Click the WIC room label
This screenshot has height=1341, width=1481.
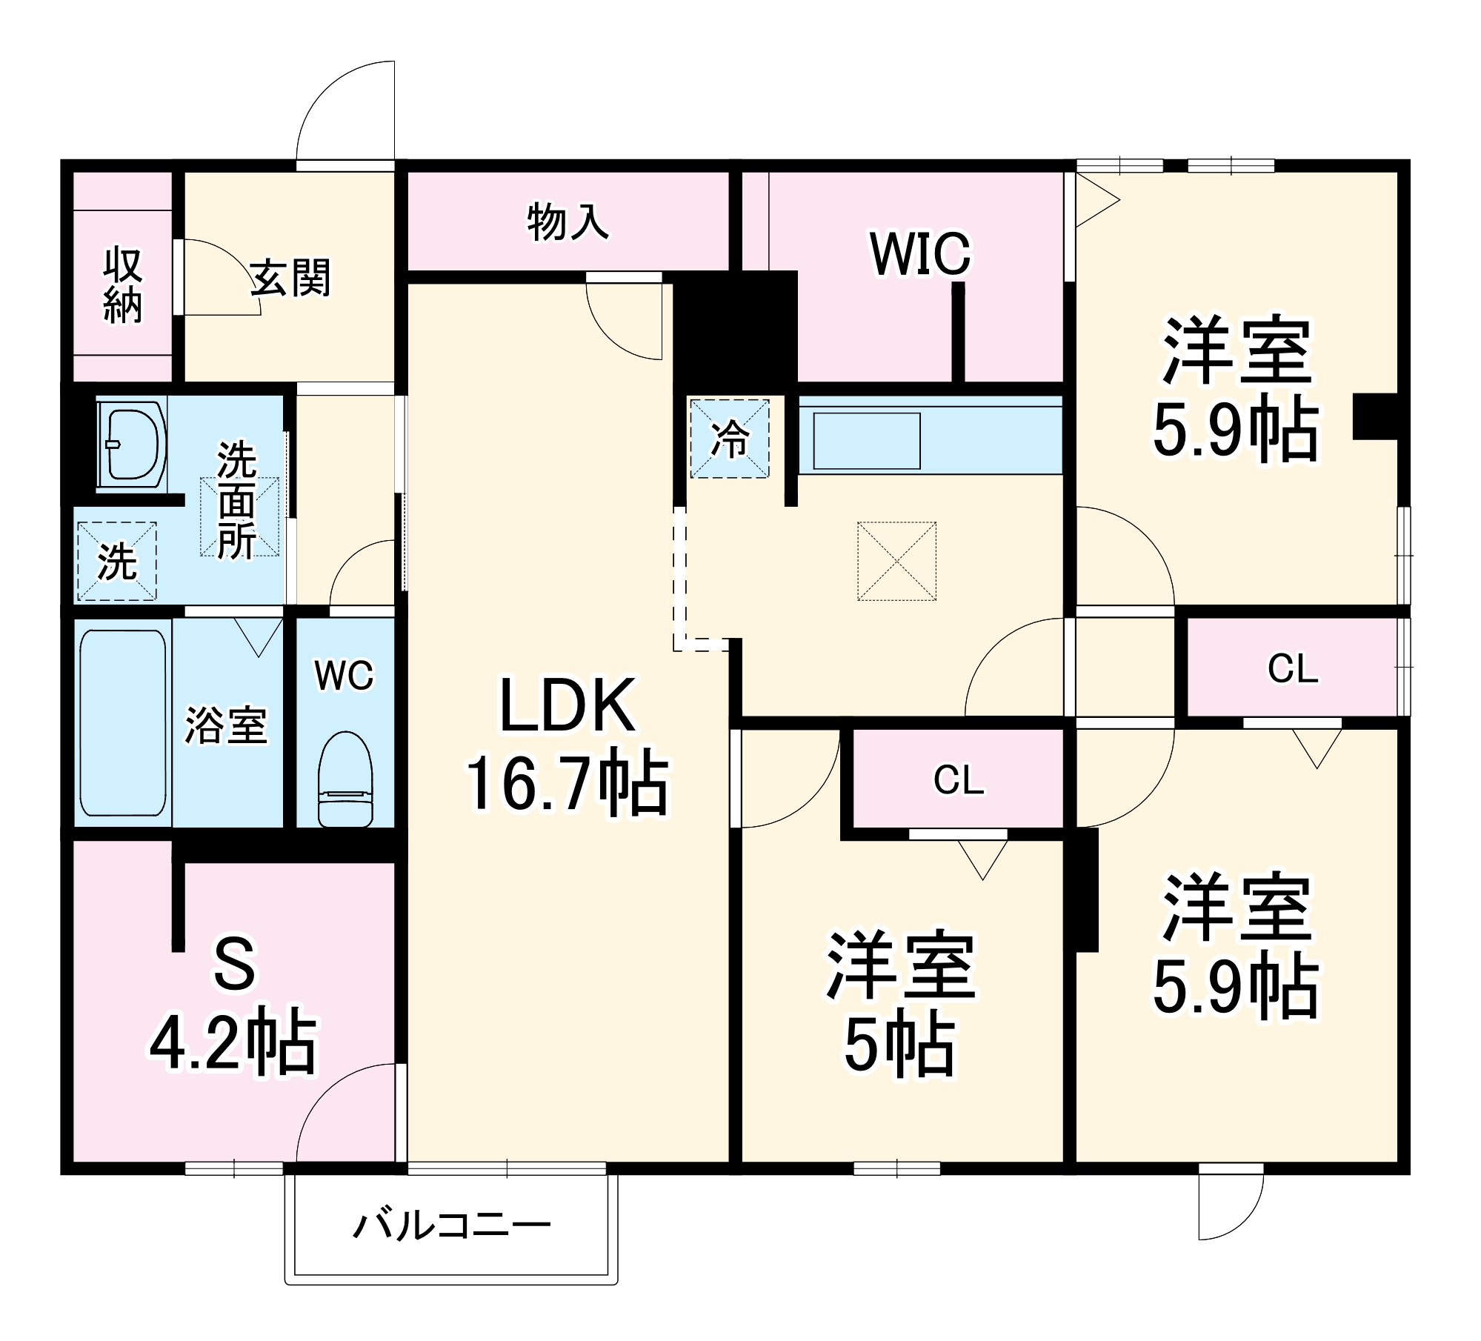coord(919,254)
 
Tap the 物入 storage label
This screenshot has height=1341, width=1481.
coord(568,222)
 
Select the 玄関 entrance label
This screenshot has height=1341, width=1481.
coord(290,278)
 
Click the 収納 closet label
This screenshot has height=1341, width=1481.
coord(122,285)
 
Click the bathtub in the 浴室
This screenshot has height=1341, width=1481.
coord(123,722)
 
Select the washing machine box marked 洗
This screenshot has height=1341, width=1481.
coord(117,561)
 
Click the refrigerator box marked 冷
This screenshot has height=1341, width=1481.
coord(730,439)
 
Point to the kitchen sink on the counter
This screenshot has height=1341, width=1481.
coord(867,441)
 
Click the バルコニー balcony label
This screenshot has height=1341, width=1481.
coord(451,1226)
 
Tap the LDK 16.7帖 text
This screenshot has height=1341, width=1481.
coord(568,745)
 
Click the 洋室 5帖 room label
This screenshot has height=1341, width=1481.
coord(900,1004)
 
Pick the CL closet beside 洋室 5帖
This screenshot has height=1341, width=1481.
coord(958,779)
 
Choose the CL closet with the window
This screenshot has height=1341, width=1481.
coord(1292,668)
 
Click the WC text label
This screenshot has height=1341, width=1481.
coord(345,675)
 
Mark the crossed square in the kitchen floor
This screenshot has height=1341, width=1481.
coord(896,561)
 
